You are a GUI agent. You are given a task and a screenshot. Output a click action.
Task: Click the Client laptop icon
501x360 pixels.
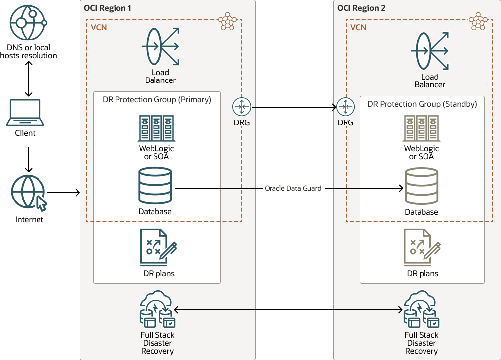point(25,113)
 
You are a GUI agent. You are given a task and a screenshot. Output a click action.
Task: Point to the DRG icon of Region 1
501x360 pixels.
point(242,107)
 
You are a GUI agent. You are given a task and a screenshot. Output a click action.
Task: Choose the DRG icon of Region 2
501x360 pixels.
point(345,107)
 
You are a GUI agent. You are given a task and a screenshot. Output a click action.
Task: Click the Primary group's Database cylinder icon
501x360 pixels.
point(155,186)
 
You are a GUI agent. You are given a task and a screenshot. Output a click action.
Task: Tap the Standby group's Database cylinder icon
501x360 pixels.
point(422,186)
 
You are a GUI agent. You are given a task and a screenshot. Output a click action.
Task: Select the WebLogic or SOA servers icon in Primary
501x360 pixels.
point(156,128)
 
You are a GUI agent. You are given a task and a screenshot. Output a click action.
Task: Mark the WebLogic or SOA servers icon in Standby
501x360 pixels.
point(421,128)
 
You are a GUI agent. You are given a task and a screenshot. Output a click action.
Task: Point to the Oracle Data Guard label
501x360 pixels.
point(293,188)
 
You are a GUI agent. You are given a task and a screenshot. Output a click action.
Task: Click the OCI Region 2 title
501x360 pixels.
point(361,8)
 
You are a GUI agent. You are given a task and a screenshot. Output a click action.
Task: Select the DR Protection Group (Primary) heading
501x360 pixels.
point(157,99)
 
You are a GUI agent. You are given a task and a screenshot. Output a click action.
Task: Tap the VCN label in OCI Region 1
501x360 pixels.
point(99,27)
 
